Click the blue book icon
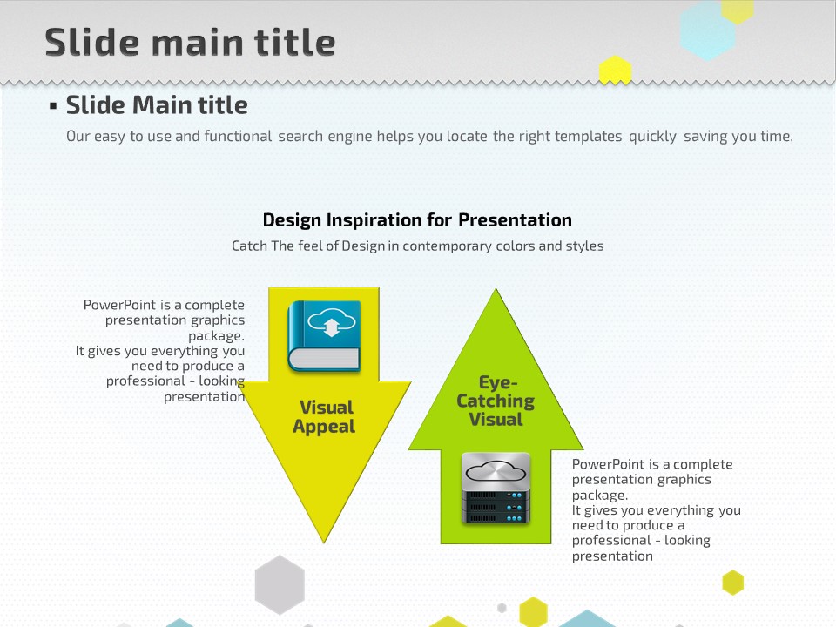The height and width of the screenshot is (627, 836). (x=324, y=336)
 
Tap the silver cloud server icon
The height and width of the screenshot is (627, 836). (x=496, y=489)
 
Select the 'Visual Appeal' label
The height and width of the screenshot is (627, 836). (x=325, y=417)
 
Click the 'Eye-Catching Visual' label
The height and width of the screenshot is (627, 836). (x=496, y=401)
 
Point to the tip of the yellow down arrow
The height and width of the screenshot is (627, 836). (x=324, y=543)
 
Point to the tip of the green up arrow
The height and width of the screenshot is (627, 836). (x=496, y=288)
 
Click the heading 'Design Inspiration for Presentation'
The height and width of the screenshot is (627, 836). (x=417, y=220)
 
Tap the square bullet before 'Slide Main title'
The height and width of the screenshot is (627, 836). (x=53, y=106)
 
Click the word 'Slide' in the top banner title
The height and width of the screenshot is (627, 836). (x=91, y=42)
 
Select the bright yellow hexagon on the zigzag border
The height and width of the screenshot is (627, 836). (x=616, y=70)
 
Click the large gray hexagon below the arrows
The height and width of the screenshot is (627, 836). (x=280, y=585)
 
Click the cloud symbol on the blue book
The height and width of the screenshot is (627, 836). (x=331, y=322)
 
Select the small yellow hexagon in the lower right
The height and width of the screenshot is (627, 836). (x=733, y=583)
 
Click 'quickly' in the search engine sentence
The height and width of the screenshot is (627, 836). (x=652, y=137)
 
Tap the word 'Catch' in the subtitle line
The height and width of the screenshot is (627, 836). (x=250, y=246)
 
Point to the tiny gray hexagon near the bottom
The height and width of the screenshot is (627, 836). (x=502, y=608)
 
